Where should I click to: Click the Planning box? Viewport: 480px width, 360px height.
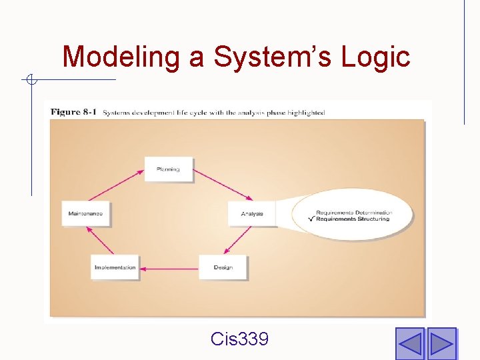click(x=168, y=169)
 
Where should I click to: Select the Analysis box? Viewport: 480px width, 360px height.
click(x=252, y=214)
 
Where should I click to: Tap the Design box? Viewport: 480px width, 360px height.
click(x=223, y=267)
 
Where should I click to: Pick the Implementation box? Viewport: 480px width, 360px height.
click(x=115, y=267)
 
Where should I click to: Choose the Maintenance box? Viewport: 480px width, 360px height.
click(x=85, y=214)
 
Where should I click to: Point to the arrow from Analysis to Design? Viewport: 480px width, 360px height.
click(x=238, y=240)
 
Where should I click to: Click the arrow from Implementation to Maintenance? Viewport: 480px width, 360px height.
click(x=100, y=241)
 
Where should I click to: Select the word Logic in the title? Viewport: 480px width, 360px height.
click(x=375, y=57)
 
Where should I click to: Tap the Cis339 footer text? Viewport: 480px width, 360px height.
click(x=239, y=339)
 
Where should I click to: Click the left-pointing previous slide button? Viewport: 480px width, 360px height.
click(x=410, y=343)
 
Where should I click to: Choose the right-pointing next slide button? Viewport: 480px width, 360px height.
click(x=441, y=343)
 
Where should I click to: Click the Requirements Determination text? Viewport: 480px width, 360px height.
click(x=354, y=213)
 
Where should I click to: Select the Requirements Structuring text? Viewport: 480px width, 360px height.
click(x=353, y=219)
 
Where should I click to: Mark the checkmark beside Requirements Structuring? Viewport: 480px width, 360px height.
click(x=311, y=219)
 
